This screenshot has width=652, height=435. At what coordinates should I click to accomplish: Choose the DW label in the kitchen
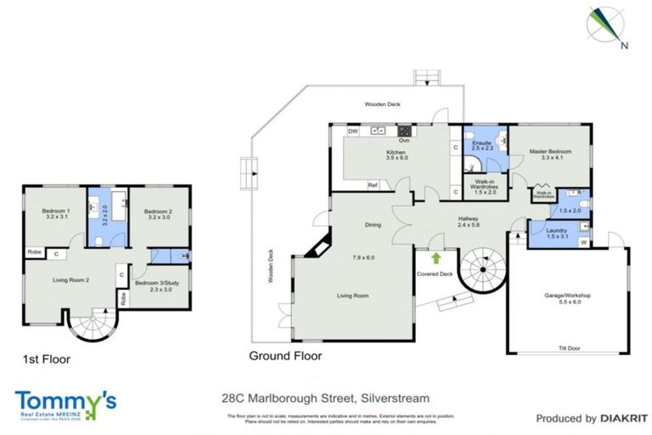coord(352,132)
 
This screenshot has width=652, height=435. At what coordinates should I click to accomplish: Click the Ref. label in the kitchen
coord(372,184)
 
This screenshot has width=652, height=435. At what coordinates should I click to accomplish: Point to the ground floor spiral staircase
coord(481,272)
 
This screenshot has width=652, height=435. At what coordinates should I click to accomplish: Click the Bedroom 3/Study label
coord(158,286)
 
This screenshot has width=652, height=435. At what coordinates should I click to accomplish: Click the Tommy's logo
coord(65,404)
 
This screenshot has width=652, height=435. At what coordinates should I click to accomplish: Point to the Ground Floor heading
coord(285,356)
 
